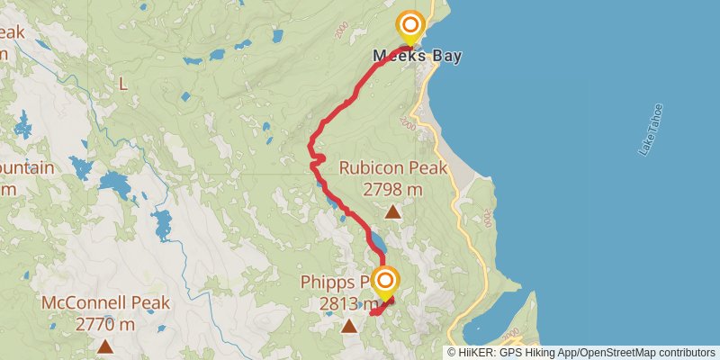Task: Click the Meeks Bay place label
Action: pos(417,56)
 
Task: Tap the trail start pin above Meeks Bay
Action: pos(410,26)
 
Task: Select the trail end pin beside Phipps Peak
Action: pos(385,283)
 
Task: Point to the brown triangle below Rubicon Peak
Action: pos(392,211)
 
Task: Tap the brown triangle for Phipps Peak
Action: pos(348,327)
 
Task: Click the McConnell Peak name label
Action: pos(105,303)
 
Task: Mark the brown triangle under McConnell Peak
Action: pos(105,346)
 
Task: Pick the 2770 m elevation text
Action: pos(105,324)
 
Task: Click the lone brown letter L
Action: pos(122,84)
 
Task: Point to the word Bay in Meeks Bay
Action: pos(445,56)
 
